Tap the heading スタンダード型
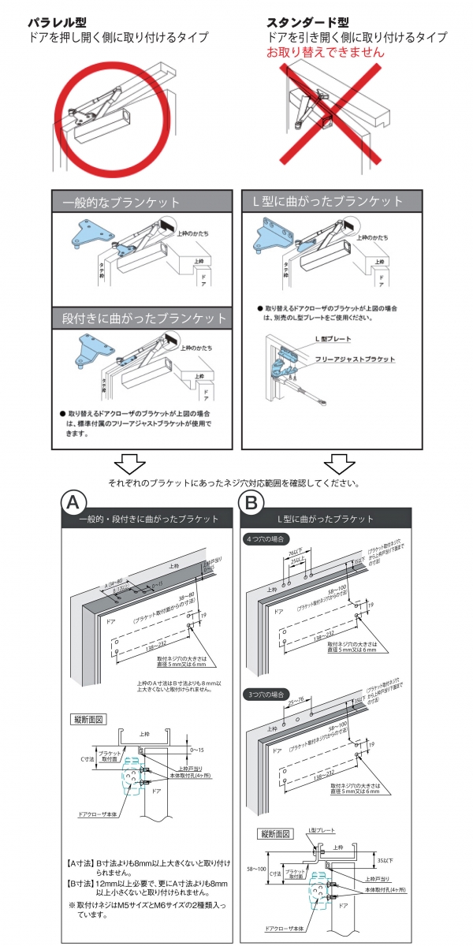307,22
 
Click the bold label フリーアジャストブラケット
352,359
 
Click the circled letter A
73,502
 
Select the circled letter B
251,502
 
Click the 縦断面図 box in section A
88,720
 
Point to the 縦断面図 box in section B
275,834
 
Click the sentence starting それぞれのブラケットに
235,483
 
